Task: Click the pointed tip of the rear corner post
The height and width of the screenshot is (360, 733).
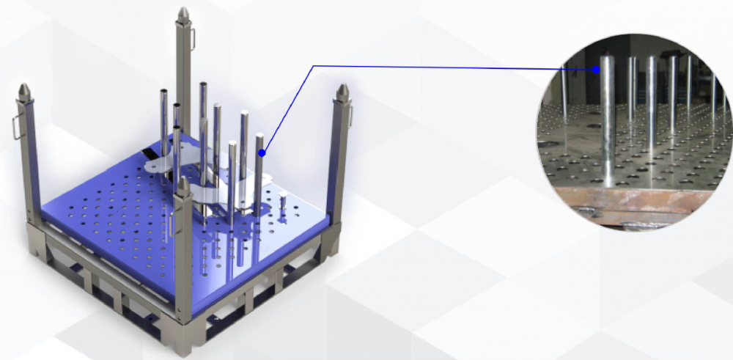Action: click(183, 13)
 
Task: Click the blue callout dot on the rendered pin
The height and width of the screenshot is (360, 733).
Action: click(262, 153)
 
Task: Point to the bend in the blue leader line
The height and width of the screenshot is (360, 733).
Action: click(314, 66)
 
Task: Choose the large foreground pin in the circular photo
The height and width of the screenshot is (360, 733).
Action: click(608, 125)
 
